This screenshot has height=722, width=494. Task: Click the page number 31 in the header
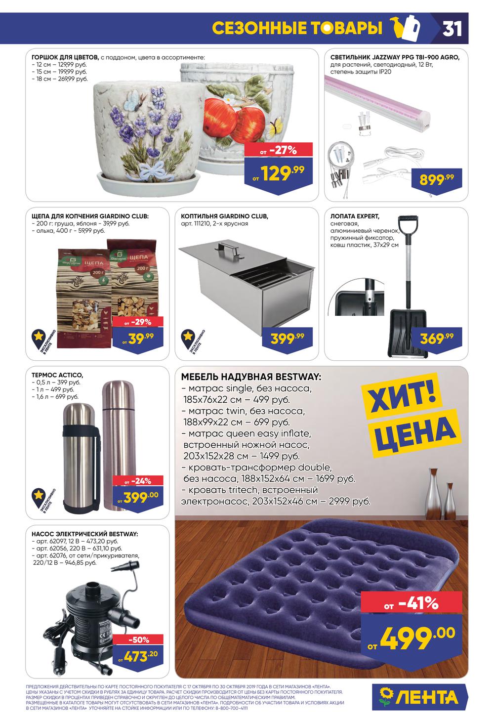[x=452, y=29]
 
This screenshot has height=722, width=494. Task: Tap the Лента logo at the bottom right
[x=419, y=697]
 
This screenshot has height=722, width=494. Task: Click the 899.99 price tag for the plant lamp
[x=437, y=178]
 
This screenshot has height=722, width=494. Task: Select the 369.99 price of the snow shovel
[x=437, y=339]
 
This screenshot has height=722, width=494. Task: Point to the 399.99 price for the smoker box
[x=287, y=339]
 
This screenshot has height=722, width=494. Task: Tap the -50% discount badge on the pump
[x=139, y=639]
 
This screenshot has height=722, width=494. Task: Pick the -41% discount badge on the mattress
[x=412, y=603]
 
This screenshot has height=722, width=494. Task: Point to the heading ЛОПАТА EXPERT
[x=355, y=216]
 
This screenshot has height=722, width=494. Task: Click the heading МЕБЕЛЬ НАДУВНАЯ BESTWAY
[x=251, y=377]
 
